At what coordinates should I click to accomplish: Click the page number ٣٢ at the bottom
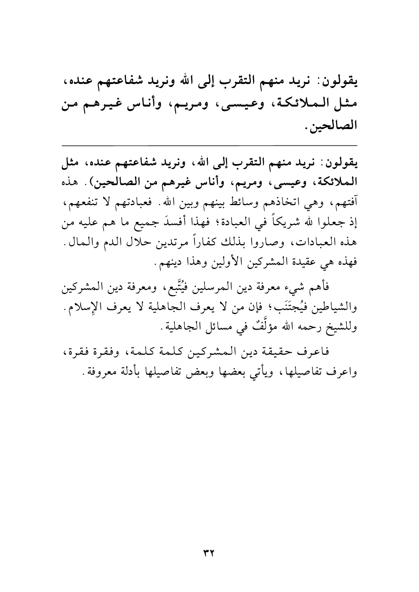click(x=209, y=552)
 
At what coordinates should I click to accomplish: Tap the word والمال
click(x=75, y=243)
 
